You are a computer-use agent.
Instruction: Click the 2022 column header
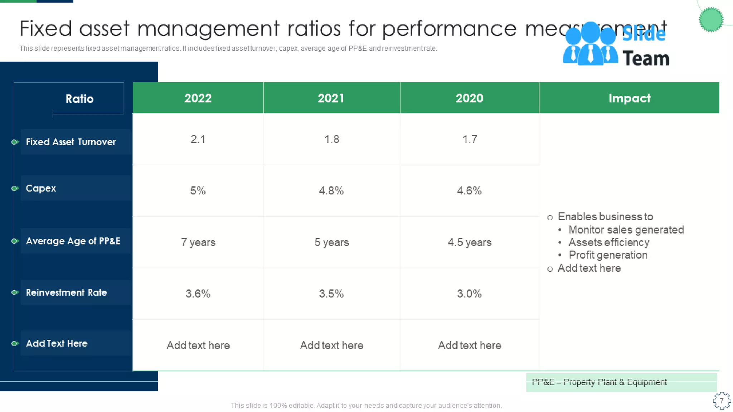198,98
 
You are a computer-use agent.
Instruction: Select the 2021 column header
331,98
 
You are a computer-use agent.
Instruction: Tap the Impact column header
629,98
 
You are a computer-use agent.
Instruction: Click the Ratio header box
79,99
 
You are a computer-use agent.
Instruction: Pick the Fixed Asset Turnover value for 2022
198,139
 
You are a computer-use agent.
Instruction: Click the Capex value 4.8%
331,190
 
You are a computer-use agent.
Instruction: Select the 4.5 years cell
469,242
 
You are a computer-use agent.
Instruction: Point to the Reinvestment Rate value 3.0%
469,294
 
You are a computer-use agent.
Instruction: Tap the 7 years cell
198,242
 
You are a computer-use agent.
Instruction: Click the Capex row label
41,188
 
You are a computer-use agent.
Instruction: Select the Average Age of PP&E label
73,241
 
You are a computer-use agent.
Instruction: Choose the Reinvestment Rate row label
66,293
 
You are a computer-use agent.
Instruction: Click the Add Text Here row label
57,343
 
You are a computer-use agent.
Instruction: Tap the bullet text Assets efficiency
608,242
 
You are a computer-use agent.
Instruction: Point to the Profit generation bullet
608,255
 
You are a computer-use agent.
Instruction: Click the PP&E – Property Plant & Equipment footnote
599,382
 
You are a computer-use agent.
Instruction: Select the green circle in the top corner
711,20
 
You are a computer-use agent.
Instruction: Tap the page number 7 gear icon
722,401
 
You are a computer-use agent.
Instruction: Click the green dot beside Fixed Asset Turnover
15,142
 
